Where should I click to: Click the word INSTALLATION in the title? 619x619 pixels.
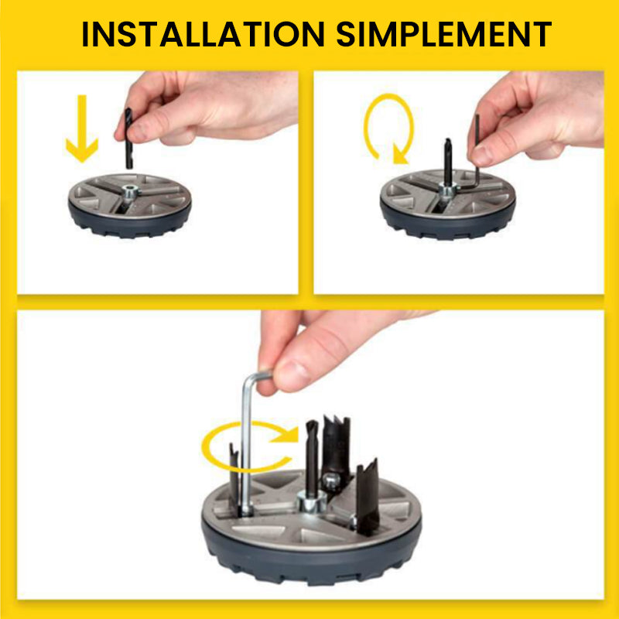click(x=203, y=34)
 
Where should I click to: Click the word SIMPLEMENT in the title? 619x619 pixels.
click(x=443, y=34)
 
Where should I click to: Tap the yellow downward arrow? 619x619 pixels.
click(x=82, y=128)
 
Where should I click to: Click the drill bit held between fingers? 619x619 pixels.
click(x=128, y=139)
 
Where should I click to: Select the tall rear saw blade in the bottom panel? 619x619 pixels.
click(x=336, y=446)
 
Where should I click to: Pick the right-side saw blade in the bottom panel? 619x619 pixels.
click(x=368, y=494)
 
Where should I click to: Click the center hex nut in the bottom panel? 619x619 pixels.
click(x=312, y=501)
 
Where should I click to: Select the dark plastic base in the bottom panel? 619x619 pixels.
click(x=312, y=552)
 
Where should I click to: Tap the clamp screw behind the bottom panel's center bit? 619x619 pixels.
click(x=331, y=480)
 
